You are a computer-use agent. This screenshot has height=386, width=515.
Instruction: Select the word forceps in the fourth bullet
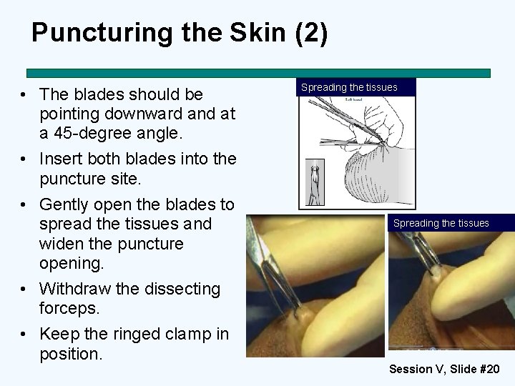(69, 309)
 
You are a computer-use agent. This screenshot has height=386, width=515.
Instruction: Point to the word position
(70, 354)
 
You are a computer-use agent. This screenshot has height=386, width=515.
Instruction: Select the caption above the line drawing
(349, 87)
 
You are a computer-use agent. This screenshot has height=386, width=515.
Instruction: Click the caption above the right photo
(441, 223)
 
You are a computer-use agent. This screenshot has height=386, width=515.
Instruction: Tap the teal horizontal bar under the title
(258, 73)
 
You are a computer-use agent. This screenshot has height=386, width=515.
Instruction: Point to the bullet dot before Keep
(25, 335)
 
